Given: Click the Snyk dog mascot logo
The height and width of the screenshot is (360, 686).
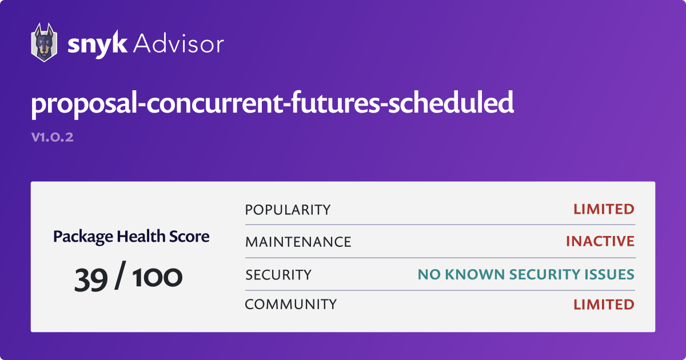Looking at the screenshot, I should point(43,42).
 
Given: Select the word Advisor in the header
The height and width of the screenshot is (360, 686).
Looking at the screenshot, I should point(178,43).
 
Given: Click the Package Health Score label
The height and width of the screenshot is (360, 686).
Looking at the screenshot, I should point(131,236).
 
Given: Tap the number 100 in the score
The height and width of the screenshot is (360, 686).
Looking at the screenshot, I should point(158,277).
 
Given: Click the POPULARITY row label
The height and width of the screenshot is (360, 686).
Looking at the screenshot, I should point(288,210).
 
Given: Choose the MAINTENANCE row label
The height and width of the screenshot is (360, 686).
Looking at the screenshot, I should point(298,242).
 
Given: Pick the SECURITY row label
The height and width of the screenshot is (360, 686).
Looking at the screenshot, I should point(278,275).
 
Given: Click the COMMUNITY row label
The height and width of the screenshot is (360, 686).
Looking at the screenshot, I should point(290,305).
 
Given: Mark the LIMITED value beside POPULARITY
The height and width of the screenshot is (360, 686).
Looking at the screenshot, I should point(604,210).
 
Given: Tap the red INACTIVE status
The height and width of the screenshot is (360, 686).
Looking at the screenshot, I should point(600,242).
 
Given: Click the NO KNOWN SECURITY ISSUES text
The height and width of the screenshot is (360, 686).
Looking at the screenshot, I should point(526,275).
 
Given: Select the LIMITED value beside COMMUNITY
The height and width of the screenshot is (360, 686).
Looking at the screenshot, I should point(604,305).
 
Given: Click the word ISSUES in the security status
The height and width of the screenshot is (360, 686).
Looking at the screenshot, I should point(609,275).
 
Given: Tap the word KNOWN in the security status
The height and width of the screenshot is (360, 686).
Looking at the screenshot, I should point(468,275).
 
